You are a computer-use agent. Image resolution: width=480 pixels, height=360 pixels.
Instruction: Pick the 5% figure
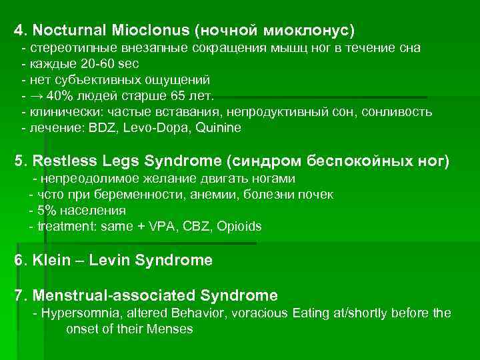(47, 211)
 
